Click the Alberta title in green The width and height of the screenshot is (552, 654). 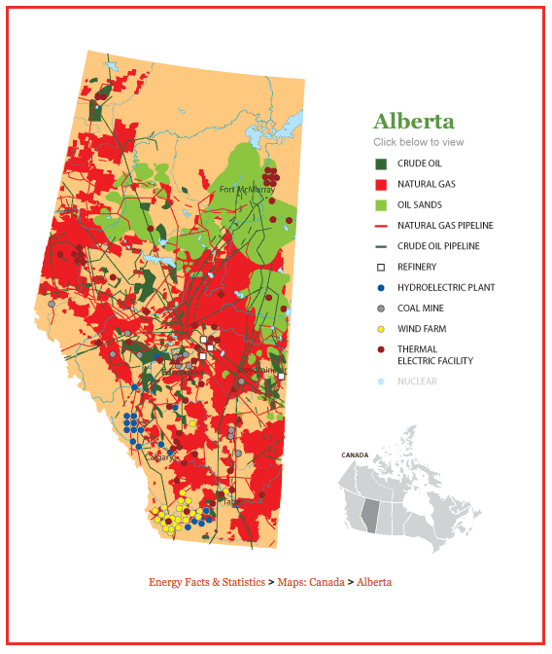413,122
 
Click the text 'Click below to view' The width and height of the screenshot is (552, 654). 418,142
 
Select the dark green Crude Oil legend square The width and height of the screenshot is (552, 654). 381,163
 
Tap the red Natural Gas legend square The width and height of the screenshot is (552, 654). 381,184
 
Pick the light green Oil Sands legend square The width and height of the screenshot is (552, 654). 381,204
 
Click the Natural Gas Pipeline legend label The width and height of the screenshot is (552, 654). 445,226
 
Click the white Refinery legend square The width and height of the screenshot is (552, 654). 381,267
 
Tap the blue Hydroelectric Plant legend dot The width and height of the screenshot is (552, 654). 381,288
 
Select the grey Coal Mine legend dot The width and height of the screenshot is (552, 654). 381,309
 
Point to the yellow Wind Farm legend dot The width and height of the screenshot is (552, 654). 381,329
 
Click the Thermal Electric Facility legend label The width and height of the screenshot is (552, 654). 434,355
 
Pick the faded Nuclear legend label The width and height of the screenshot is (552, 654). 417,381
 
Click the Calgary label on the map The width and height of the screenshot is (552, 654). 159,456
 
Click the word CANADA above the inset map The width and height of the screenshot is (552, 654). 354,454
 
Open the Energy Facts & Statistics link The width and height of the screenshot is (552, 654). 206,582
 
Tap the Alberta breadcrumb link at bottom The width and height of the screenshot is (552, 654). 374,582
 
